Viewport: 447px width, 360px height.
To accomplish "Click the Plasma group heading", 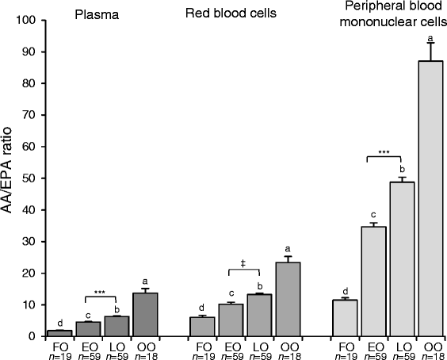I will point(92,13).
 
